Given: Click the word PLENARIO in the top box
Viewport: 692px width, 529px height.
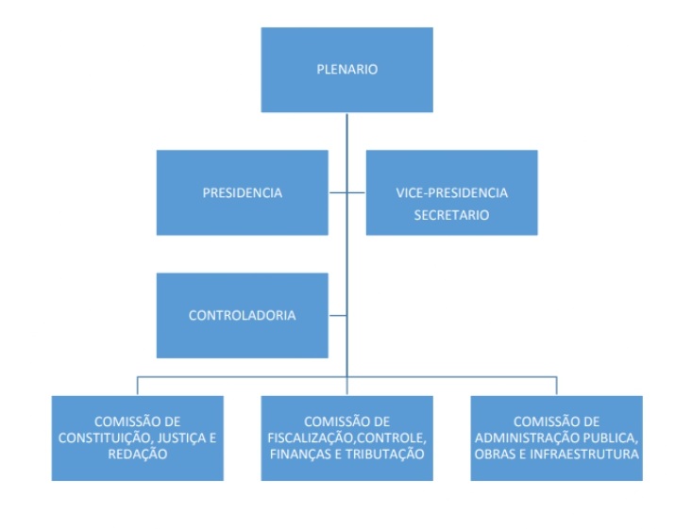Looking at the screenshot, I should pos(346,69).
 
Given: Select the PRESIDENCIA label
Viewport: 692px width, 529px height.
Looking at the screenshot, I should pos(243,192).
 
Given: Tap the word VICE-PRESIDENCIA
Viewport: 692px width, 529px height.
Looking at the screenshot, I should pos(451,192).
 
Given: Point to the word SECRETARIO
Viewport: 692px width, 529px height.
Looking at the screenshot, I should pos(451,215).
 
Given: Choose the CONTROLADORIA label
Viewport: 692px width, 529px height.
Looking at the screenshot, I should pos(243,315).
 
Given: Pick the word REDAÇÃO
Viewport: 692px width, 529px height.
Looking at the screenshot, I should pos(138,454).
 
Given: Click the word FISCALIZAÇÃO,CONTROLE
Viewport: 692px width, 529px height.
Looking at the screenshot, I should pos(346,438).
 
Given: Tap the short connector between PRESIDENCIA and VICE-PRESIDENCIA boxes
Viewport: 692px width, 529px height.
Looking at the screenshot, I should pos(346,192).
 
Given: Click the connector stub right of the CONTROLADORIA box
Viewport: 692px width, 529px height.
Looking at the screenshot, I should pos(337,315).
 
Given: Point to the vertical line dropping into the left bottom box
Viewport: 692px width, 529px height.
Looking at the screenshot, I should pos(138,386).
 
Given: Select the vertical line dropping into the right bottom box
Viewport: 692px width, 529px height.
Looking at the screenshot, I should pos(556,386).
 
